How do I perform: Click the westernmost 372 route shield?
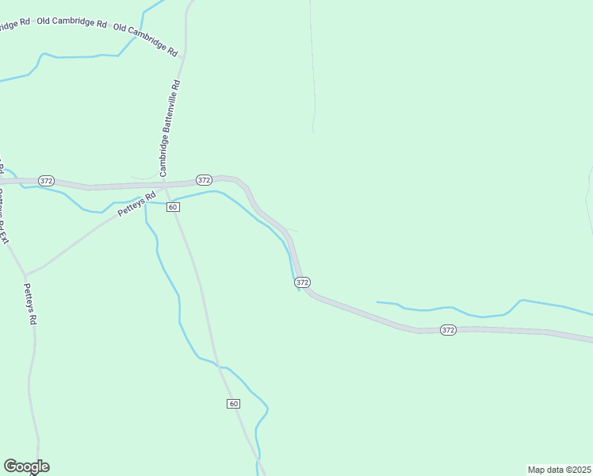click(x=46, y=181)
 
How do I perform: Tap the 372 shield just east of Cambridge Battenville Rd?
click(x=204, y=179)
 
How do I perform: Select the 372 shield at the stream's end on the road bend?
click(x=301, y=282)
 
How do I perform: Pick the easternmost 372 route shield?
click(x=448, y=329)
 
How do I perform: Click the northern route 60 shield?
click(x=174, y=207)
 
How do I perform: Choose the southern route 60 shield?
click(x=233, y=404)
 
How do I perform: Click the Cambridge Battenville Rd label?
click(x=170, y=127)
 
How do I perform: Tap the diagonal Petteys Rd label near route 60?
click(x=136, y=205)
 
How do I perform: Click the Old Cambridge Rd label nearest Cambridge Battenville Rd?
click(x=146, y=39)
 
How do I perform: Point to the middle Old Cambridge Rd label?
click(x=70, y=22)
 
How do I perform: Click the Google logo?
click(x=26, y=466)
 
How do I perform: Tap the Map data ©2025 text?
click(x=559, y=470)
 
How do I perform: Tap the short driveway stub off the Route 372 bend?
click(x=292, y=230)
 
